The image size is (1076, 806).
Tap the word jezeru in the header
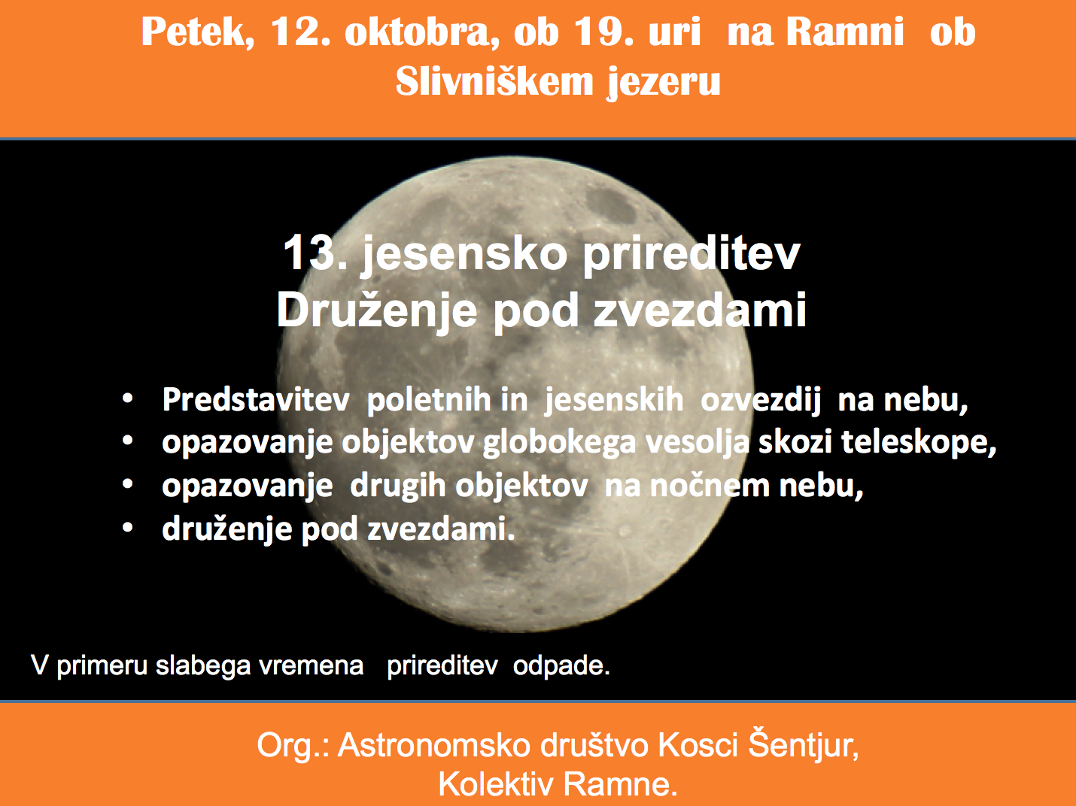coord(664,83)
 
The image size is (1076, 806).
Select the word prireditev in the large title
coord(691,255)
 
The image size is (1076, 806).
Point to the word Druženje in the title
coord(376,311)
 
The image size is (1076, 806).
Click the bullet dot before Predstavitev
coord(128,399)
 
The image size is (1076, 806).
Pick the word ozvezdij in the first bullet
coord(761,401)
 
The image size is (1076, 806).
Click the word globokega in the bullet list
coord(559,444)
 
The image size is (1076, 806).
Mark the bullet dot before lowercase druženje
coord(128,528)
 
